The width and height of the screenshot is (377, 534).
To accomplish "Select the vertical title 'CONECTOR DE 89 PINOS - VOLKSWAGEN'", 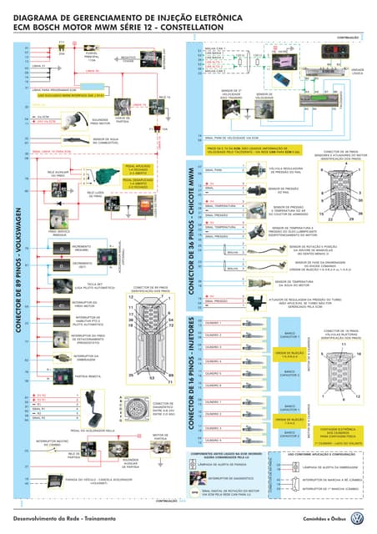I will pyautogui.click(x=18, y=249).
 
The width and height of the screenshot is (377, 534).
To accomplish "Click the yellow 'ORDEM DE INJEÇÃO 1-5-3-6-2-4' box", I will pyautogui.click(x=288, y=353).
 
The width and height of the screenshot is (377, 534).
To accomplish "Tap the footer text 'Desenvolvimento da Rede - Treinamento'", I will pyautogui.click(x=62, y=518).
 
